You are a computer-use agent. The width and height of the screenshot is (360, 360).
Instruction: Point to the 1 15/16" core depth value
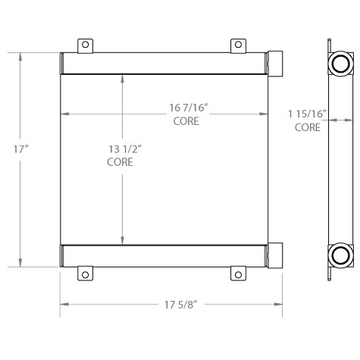[x=307, y=114]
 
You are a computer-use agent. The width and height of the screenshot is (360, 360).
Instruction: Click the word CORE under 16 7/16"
[x=186, y=121]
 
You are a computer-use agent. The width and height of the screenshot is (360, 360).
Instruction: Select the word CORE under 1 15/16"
[x=307, y=127]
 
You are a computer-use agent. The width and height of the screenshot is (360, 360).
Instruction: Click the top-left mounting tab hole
[x=86, y=45]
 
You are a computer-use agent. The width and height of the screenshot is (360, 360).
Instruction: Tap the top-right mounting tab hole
[x=239, y=45]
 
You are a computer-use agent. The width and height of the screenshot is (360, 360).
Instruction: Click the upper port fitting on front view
[x=275, y=62]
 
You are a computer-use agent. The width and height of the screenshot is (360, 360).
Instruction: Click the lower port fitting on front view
[x=275, y=255]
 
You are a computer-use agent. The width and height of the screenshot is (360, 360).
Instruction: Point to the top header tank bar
[x=164, y=63]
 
